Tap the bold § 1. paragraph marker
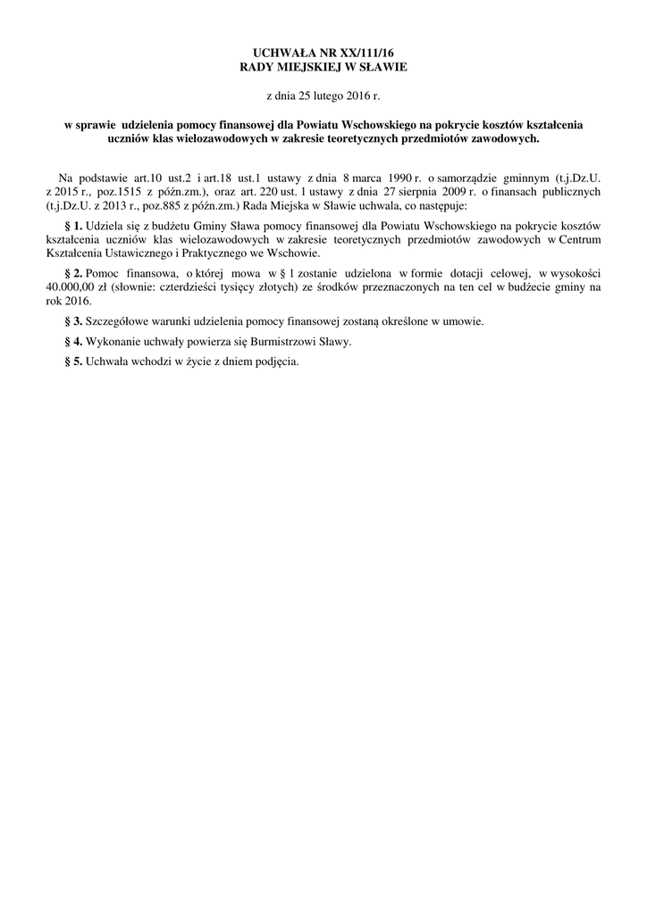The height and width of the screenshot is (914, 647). pos(74,227)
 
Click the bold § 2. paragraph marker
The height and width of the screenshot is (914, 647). pos(74,270)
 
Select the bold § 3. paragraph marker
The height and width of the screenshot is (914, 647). pos(74,320)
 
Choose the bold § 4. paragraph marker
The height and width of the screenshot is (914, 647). pos(74,342)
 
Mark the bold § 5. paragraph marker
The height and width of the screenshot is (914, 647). pos(74,362)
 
